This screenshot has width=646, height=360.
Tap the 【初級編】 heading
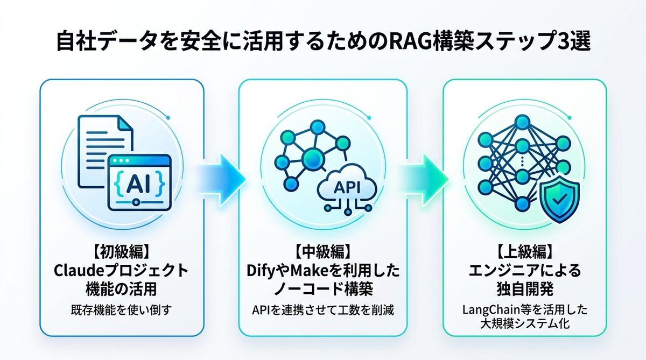point(121,251)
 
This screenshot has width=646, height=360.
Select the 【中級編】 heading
point(322,251)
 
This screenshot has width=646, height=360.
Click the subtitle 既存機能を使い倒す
point(121,310)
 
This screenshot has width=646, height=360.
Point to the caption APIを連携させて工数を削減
point(322,310)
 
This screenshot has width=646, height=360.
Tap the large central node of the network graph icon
point(310,157)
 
